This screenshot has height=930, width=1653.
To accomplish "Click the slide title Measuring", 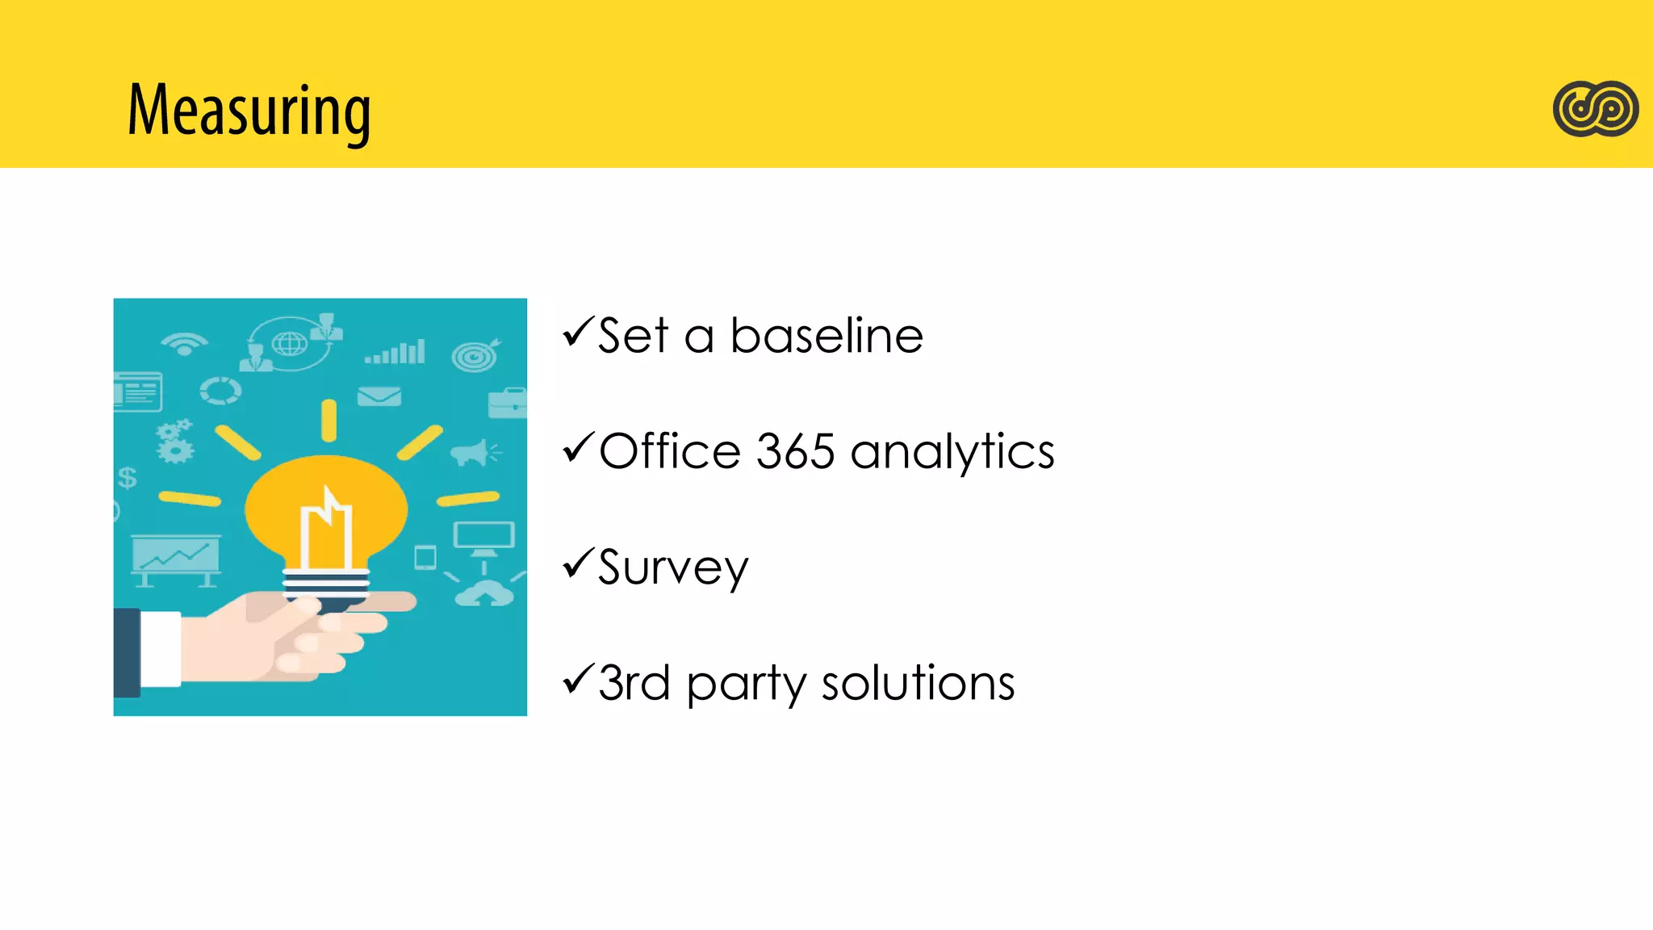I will (x=249, y=111).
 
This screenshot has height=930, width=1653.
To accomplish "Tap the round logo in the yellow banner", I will (x=1595, y=109).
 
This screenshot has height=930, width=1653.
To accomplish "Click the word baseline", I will (x=826, y=336).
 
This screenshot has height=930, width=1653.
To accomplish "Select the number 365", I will (x=795, y=451).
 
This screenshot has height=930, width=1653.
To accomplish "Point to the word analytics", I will (x=952, y=453).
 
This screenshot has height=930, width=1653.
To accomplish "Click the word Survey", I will (x=673, y=568).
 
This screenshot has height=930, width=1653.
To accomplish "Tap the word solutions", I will (x=918, y=684).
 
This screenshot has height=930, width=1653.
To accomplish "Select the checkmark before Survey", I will (x=578, y=563).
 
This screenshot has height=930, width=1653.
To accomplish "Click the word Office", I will (x=670, y=451).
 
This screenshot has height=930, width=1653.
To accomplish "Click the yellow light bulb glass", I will (x=326, y=509).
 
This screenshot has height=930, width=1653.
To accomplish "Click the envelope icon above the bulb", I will (x=379, y=396).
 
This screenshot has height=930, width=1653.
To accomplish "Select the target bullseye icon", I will (x=475, y=355).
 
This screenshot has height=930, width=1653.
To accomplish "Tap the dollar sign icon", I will (x=128, y=478).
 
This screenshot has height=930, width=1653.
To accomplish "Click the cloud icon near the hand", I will (x=484, y=595).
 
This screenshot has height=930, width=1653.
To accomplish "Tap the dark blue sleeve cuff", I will (x=127, y=652).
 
